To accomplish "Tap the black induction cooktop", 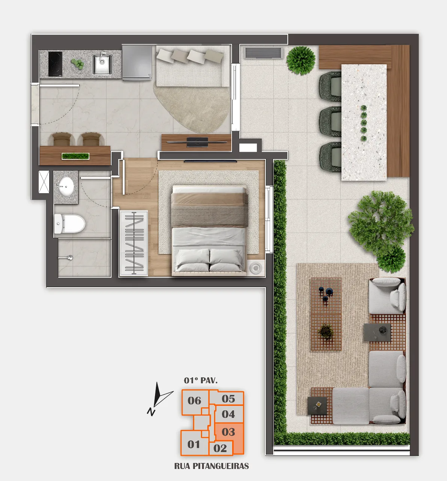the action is (55, 64).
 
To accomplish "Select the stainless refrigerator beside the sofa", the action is (137, 62).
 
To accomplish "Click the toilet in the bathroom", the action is (69, 224).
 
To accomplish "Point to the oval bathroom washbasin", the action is (66, 186).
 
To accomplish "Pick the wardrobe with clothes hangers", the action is (134, 243).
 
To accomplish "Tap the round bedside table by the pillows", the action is (256, 268).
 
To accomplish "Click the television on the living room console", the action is (197, 142).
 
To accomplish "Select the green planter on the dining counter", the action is (75, 156).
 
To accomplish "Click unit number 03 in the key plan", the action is (228, 432).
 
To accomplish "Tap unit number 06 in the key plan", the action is (194, 401).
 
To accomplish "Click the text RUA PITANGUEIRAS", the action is (211, 466).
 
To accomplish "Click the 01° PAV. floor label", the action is (201, 381).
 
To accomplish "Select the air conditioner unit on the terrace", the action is (263, 53).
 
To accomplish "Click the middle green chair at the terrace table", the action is (330, 122).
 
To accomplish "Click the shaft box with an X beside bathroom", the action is (44, 182).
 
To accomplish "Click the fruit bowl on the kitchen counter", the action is (77, 64).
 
